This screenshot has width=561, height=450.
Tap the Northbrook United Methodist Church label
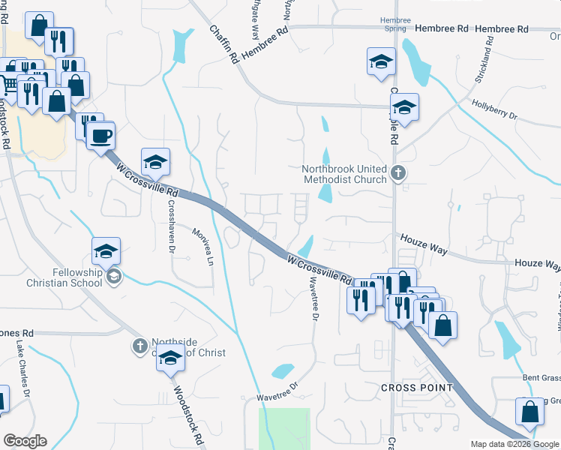(344, 174)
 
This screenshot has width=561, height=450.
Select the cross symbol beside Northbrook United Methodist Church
(398, 174)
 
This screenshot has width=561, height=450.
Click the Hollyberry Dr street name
(494, 109)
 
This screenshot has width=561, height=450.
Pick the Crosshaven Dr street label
(171, 225)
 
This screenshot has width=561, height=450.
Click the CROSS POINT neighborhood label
(416, 387)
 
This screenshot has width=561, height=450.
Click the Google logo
(25, 441)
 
